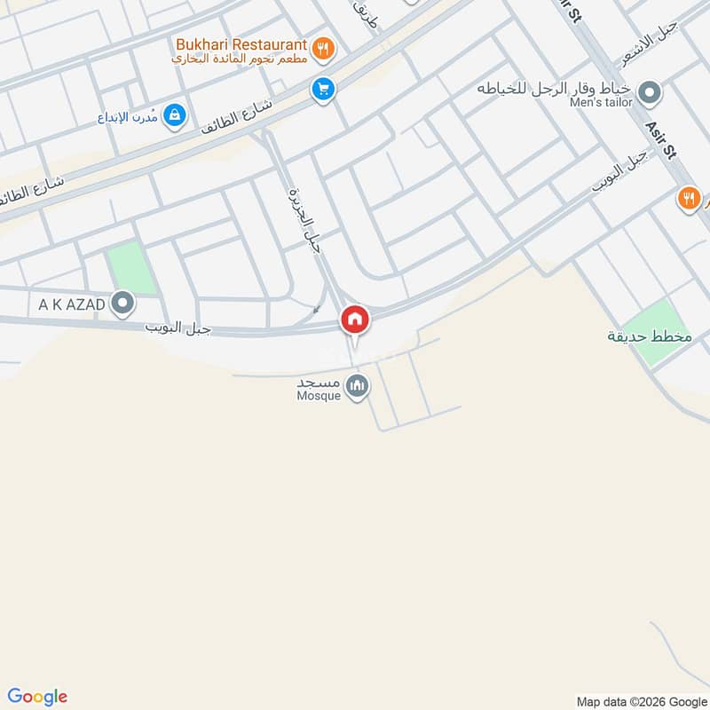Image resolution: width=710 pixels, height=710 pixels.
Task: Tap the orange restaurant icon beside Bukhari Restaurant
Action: pos(323,49)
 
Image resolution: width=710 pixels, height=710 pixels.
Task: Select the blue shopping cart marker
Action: pos(321,89)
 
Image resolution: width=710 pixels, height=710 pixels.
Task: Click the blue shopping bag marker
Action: pos(175,114)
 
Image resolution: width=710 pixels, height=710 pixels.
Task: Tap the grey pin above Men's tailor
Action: pos(650,91)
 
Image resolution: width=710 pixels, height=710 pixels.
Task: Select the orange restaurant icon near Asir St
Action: pos(689,198)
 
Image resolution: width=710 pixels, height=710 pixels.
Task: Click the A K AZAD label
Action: pos(72,305)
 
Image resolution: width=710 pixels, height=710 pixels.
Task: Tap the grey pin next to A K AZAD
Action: pos(123,304)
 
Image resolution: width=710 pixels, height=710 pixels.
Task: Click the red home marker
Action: pos(355,319)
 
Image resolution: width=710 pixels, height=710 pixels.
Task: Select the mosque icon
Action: pos(357,386)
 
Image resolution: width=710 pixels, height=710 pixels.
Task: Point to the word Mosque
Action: pos(319,397)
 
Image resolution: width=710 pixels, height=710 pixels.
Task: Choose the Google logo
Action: pos(37,697)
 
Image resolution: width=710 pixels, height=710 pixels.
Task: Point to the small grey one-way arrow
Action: pos(317,309)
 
